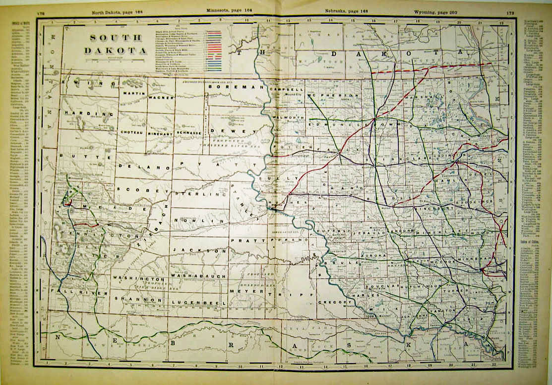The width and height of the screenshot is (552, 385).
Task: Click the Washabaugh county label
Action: [198, 275]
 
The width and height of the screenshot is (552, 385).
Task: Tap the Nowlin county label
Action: [205, 220]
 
